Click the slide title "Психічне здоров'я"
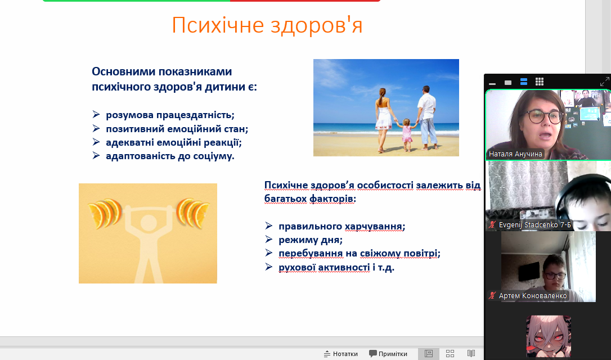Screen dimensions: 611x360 [267, 25]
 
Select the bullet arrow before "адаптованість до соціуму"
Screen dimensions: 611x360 [96, 155]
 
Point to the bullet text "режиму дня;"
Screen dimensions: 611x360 [311, 240]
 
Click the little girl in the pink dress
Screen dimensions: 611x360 [407, 134]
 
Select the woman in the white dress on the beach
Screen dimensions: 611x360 [384, 120]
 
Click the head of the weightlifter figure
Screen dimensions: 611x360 [148, 223]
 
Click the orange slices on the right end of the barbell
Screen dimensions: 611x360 [192, 213]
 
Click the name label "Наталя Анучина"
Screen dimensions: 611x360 [515, 154]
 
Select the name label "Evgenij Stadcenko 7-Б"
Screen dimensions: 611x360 [534, 225]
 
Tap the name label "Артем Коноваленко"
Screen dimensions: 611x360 [533, 296]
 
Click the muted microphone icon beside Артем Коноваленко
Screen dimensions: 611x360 [493, 295]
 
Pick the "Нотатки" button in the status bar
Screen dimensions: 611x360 [340, 354]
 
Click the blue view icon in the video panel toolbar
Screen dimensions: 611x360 [524, 82]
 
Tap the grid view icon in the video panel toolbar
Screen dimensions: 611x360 [540, 82]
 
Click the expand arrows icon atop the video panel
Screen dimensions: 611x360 [604, 82]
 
